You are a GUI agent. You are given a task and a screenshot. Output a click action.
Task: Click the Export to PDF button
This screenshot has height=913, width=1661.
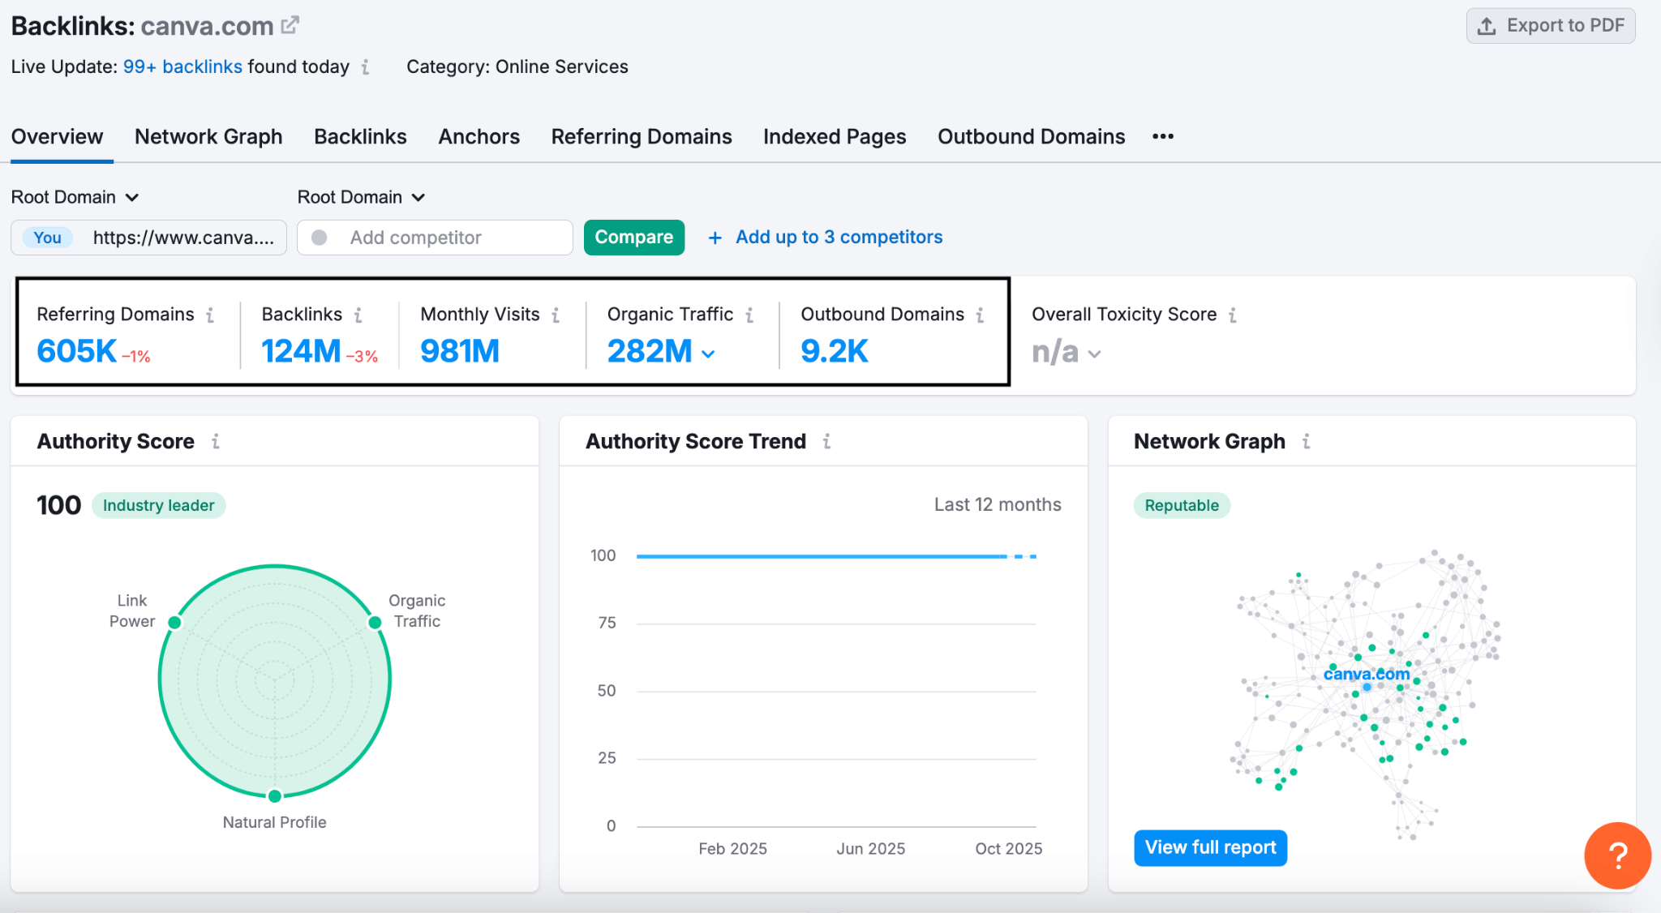click(1550, 26)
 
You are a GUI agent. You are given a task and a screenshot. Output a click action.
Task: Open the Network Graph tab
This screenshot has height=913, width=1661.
click(208, 137)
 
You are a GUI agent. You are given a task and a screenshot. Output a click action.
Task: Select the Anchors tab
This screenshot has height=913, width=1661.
click(479, 137)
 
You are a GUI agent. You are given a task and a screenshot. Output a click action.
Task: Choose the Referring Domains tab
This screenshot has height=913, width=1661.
click(641, 137)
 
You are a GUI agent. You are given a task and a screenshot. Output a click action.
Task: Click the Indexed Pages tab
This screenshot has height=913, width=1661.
click(834, 137)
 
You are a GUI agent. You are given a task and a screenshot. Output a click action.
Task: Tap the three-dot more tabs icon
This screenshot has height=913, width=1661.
click(1162, 137)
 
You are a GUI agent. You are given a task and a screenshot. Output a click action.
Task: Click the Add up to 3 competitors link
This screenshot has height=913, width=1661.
click(838, 238)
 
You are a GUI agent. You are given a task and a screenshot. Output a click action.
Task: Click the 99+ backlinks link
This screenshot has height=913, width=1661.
click(182, 66)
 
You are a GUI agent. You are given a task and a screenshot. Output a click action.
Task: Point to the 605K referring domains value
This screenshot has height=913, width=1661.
click(77, 351)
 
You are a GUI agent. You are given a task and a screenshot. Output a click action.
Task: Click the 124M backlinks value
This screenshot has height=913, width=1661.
click(301, 351)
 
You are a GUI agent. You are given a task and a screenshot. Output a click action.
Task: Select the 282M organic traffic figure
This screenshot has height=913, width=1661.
click(650, 351)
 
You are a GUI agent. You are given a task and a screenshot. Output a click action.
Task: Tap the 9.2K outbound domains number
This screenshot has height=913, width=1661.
click(834, 351)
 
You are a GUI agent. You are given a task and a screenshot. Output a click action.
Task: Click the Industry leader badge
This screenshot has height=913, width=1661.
click(158, 505)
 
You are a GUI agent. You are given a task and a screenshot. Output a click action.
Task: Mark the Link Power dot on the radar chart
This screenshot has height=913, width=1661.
click(174, 623)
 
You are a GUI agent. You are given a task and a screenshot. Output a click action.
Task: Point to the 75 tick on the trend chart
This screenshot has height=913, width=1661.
click(607, 623)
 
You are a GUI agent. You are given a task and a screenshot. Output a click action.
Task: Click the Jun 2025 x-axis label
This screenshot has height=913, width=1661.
click(870, 848)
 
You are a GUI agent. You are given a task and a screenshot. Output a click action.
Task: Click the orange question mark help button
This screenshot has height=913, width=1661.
click(1616, 855)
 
